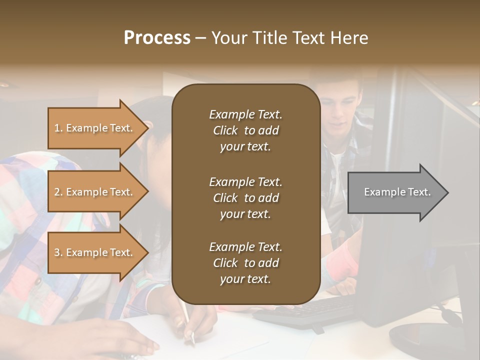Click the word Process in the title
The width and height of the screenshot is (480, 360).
point(157,38)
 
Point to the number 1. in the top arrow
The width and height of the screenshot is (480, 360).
point(58,128)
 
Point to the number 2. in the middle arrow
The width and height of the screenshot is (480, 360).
point(58,192)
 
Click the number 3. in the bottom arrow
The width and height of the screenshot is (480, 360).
point(58,252)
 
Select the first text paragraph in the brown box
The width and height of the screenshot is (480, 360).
point(245,130)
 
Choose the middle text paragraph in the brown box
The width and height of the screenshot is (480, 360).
point(245,197)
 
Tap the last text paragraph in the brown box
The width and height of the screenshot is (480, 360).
point(245,263)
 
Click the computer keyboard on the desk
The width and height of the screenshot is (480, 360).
point(305,312)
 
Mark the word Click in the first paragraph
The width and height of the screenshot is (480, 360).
point(225,130)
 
